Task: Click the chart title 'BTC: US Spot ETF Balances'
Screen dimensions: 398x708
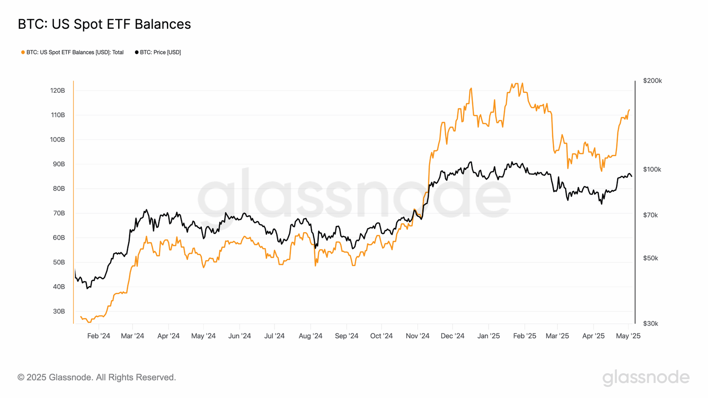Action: click(104, 24)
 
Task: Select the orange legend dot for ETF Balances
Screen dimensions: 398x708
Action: click(23, 52)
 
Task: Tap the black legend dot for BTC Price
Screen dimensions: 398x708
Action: click(137, 52)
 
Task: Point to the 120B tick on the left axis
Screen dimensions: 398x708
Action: click(58, 91)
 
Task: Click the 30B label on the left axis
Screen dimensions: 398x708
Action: click(59, 311)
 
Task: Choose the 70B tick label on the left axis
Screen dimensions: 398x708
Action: click(59, 213)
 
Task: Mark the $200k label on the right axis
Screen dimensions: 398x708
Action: click(652, 80)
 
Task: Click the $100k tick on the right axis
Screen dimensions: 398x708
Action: click(652, 169)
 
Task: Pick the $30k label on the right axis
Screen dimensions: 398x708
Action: click(650, 324)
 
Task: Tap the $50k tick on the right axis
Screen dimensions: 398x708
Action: click(650, 258)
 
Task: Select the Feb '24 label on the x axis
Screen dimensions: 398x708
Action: click(99, 336)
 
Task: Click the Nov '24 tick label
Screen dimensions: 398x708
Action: click(417, 336)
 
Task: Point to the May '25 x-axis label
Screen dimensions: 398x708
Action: click(628, 336)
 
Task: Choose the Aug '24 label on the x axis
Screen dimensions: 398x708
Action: click(310, 336)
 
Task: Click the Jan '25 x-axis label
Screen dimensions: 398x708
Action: click(489, 336)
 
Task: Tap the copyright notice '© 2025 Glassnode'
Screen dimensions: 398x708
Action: click(96, 377)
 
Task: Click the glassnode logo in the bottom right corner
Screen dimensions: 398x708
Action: click(646, 377)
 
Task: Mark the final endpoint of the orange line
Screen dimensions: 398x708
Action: click(629, 110)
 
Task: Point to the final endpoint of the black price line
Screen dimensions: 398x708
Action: click(631, 176)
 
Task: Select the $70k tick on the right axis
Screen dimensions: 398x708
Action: click(650, 215)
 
